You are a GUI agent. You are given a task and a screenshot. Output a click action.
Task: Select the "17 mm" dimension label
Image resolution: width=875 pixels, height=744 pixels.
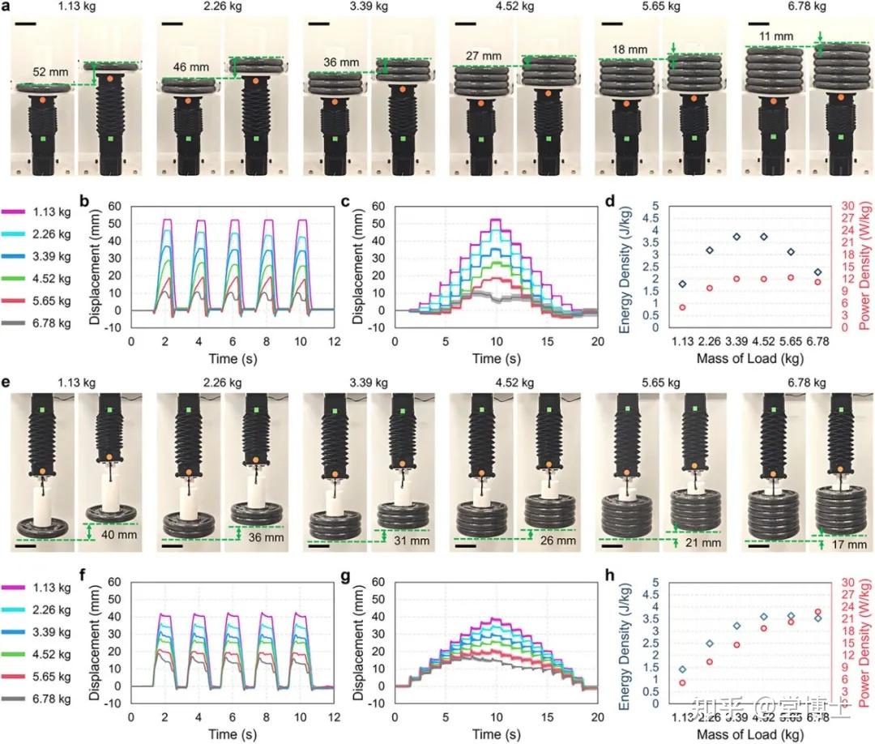click(850, 545)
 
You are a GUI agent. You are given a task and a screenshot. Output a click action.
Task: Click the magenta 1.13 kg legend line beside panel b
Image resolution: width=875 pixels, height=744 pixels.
click(18, 212)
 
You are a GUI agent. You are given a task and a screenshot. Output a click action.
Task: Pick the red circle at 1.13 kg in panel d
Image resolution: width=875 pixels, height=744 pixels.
click(683, 307)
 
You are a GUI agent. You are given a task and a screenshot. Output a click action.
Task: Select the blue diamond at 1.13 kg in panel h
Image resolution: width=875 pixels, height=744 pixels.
click(683, 669)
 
